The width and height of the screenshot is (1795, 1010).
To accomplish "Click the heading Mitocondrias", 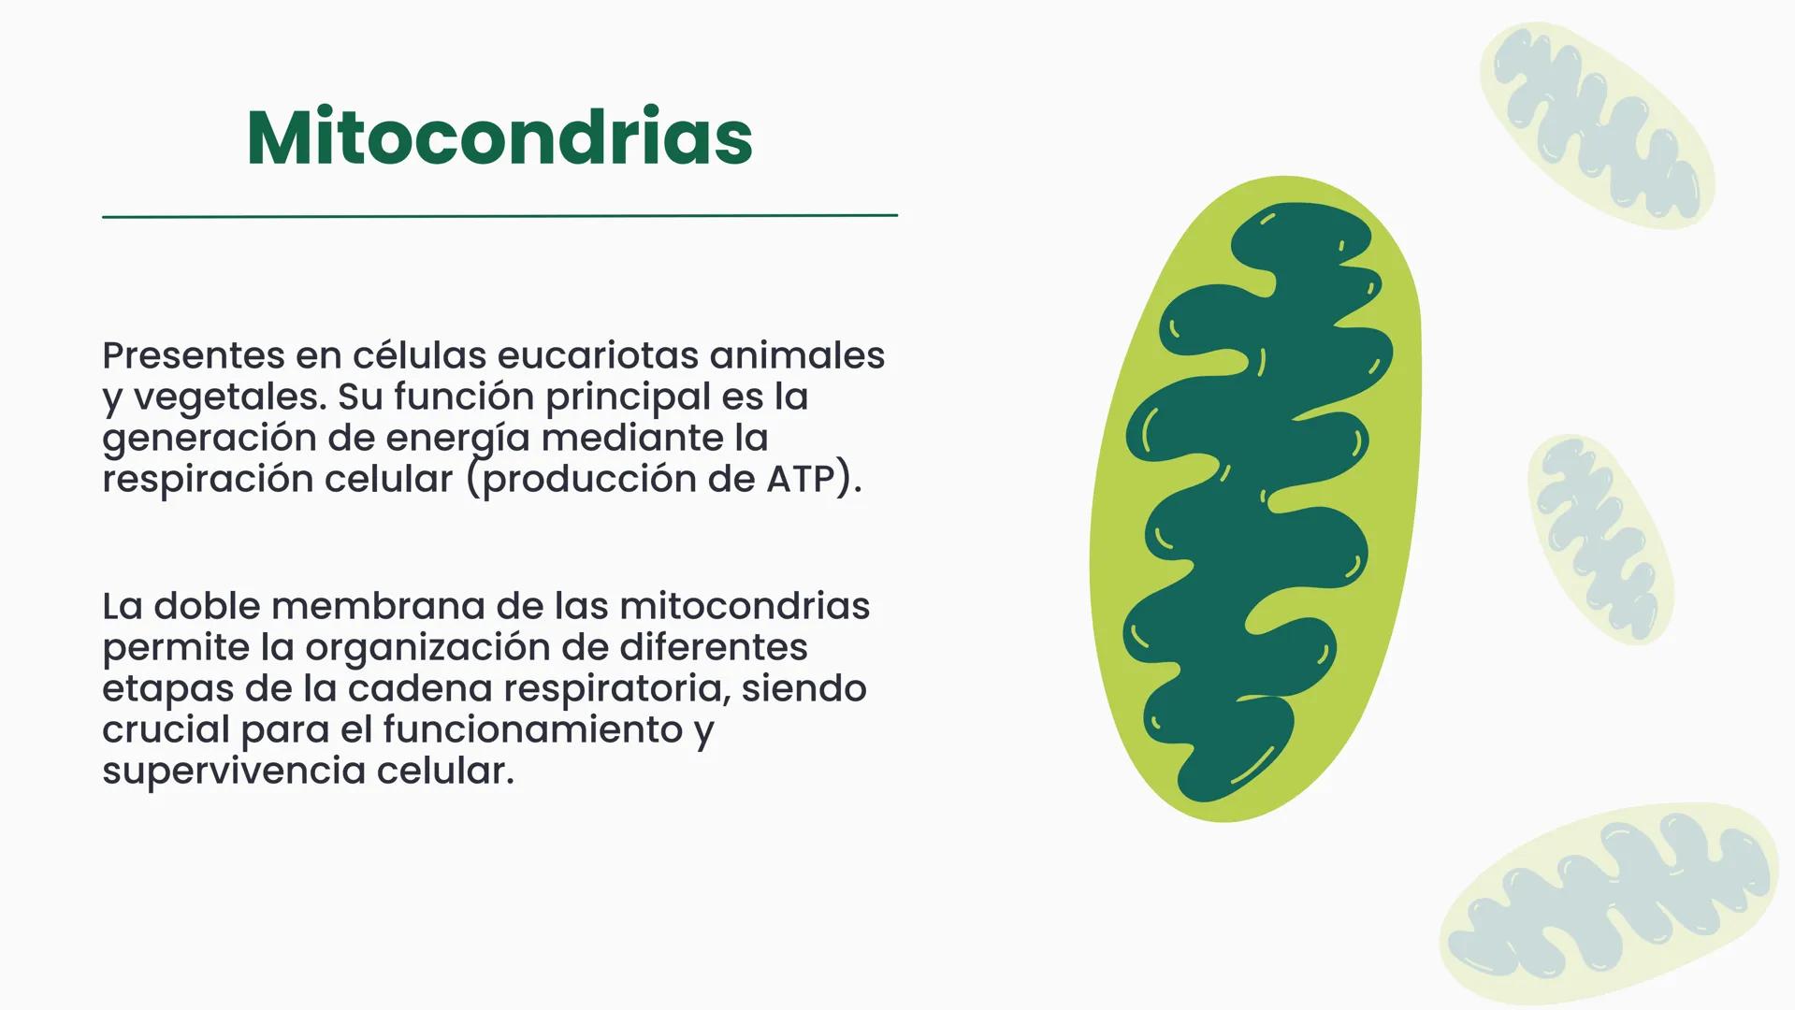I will (499, 138).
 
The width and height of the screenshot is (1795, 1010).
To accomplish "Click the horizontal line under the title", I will (499, 216).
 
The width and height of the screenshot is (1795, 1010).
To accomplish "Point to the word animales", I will (797, 355).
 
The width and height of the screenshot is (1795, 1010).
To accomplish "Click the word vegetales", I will (229, 397).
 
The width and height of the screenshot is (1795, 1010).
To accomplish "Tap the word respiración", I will (208, 479).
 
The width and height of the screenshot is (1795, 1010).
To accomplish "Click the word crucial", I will (166, 729).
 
